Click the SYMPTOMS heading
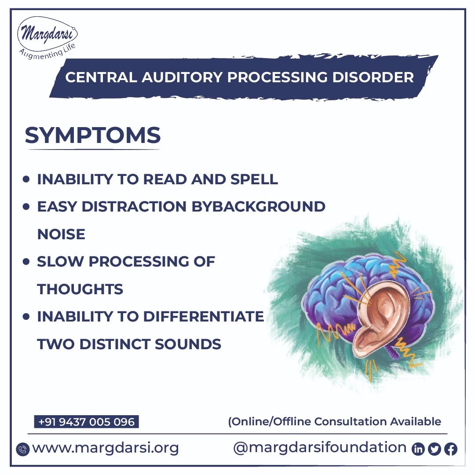click(93, 135)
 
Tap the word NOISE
click(61, 234)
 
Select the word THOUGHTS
click(80, 289)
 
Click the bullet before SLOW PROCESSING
click(27, 262)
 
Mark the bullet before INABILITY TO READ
click(27, 179)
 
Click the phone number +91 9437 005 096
click(87, 422)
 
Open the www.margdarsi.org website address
click(106, 448)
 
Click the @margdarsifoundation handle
click(320, 448)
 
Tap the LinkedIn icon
click(418, 449)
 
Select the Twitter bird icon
click(435, 449)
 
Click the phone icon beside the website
click(22, 449)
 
